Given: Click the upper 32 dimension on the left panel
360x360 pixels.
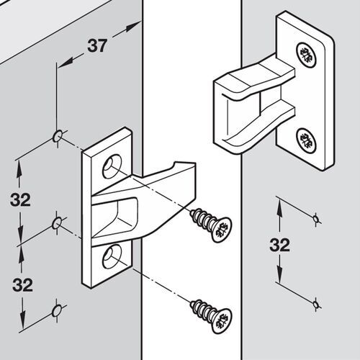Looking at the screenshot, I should click(x=22, y=199).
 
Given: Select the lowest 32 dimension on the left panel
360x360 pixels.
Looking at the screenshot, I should click(x=22, y=284).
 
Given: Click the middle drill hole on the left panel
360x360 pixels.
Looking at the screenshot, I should click(x=56, y=225).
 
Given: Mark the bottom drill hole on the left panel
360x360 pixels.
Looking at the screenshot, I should click(x=55, y=311).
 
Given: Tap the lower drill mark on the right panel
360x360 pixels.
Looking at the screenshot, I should click(x=315, y=307).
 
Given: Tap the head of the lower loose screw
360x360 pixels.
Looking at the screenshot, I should click(x=220, y=318).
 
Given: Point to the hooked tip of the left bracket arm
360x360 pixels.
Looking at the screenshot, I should click(x=189, y=167).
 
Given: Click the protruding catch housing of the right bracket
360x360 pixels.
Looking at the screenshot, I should click(x=245, y=101).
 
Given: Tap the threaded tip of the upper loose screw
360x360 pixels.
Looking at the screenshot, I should click(x=193, y=214).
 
